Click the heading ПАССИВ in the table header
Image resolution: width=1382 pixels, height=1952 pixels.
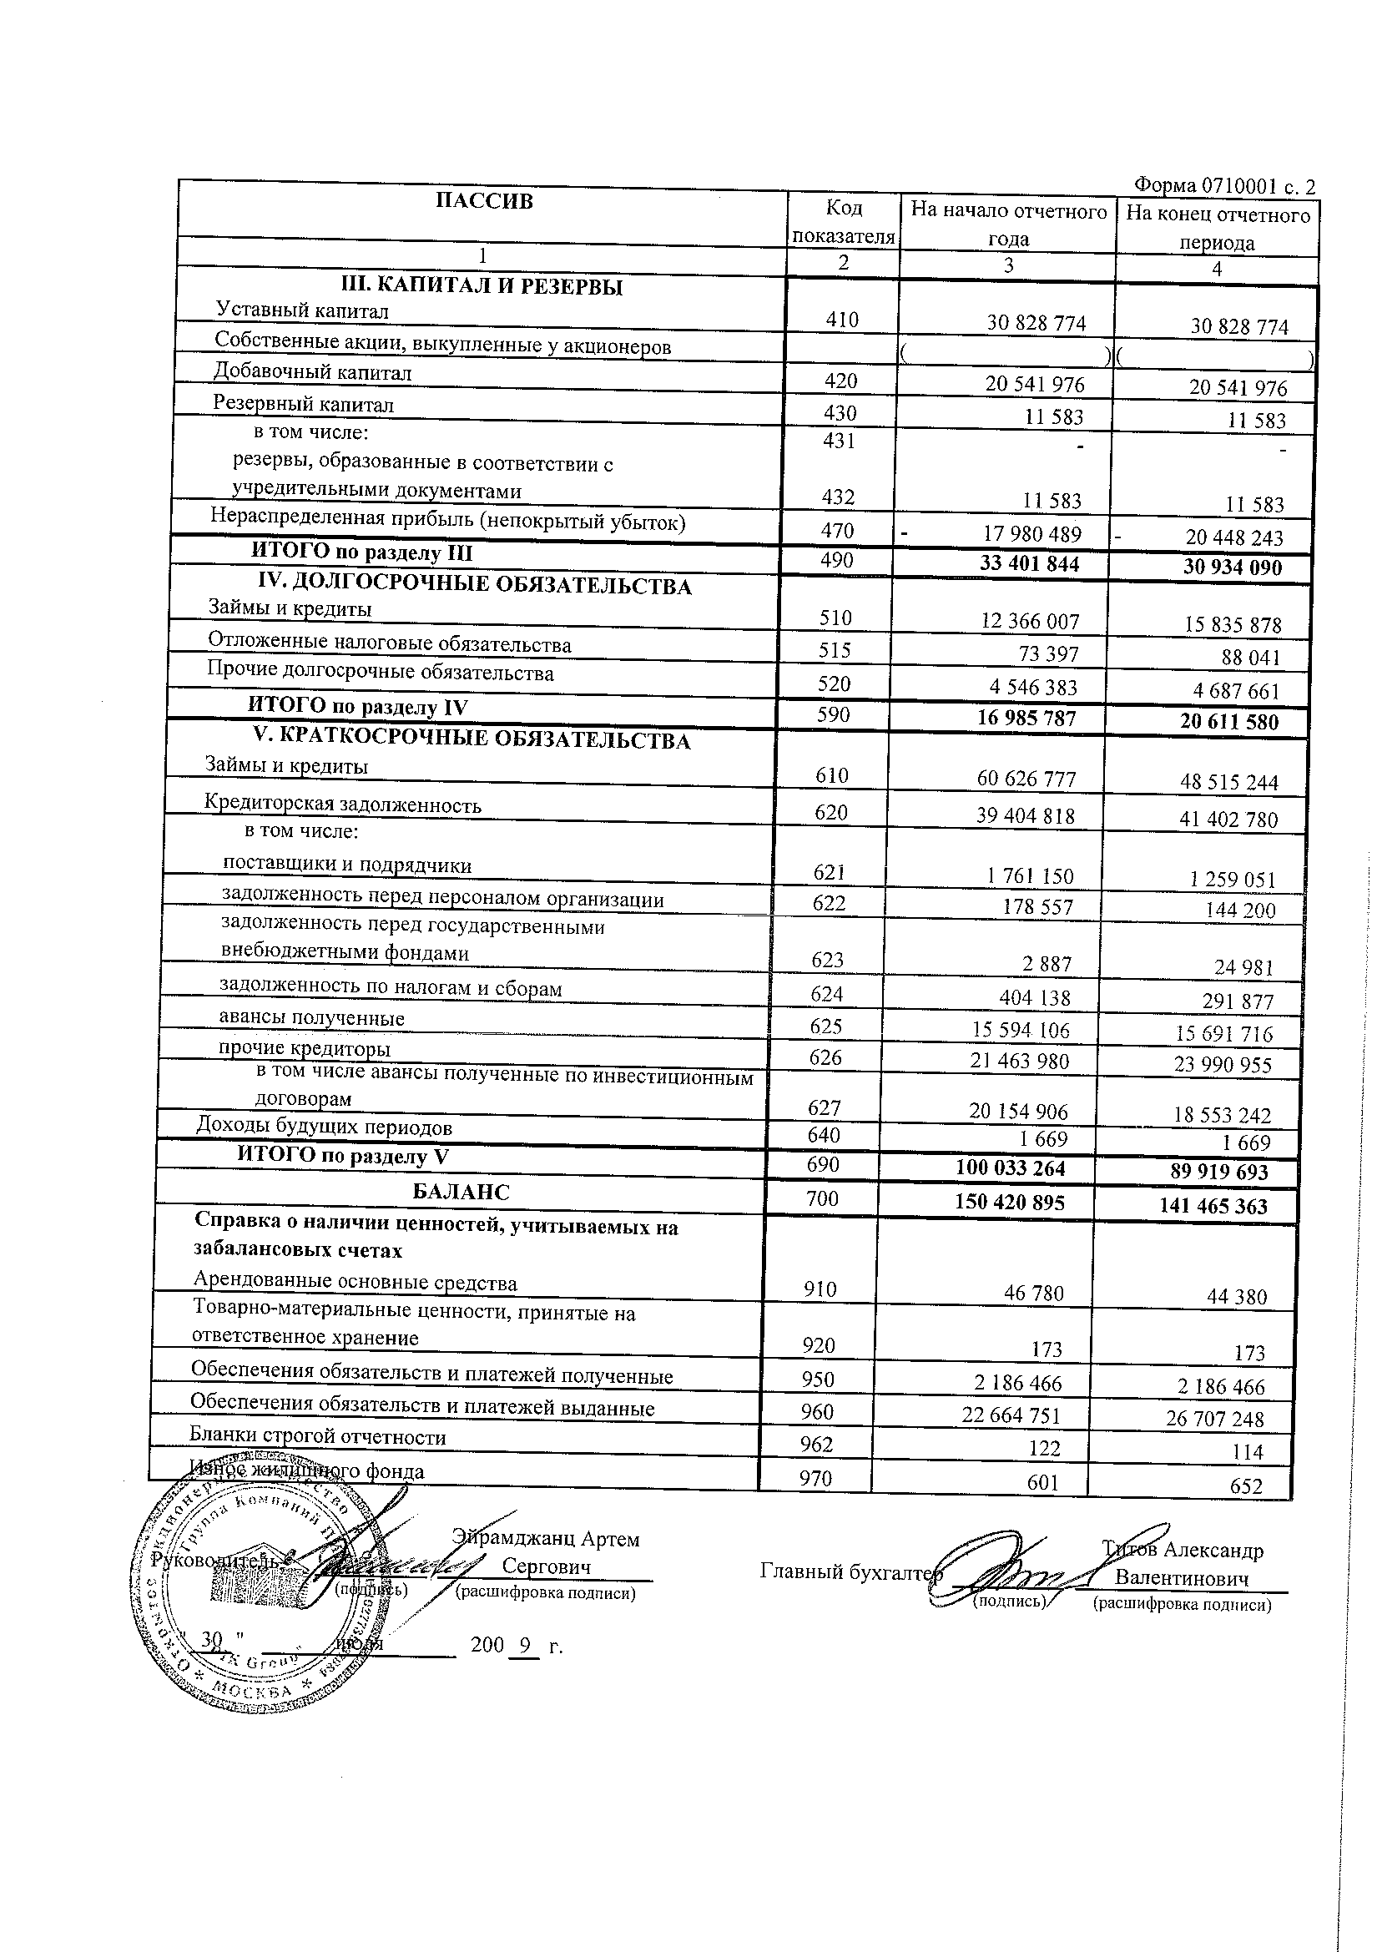click(x=484, y=201)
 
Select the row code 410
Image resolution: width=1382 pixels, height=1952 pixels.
click(x=841, y=320)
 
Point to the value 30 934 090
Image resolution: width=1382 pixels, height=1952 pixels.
click(x=1233, y=567)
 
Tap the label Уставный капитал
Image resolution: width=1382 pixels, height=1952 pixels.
click(x=302, y=311)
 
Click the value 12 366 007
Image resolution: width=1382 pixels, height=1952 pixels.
click(x=1030, y=621)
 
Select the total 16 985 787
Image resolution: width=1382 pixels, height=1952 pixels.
click(x=1026, y=719)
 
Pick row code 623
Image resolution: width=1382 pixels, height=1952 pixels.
click(x=828, y=960)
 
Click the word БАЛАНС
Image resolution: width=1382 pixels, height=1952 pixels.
click(x=461, y=1192)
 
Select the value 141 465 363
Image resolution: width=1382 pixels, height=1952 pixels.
click(x=1213, y=1206)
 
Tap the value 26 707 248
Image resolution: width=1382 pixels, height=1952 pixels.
click(x=1223, y=1419)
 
